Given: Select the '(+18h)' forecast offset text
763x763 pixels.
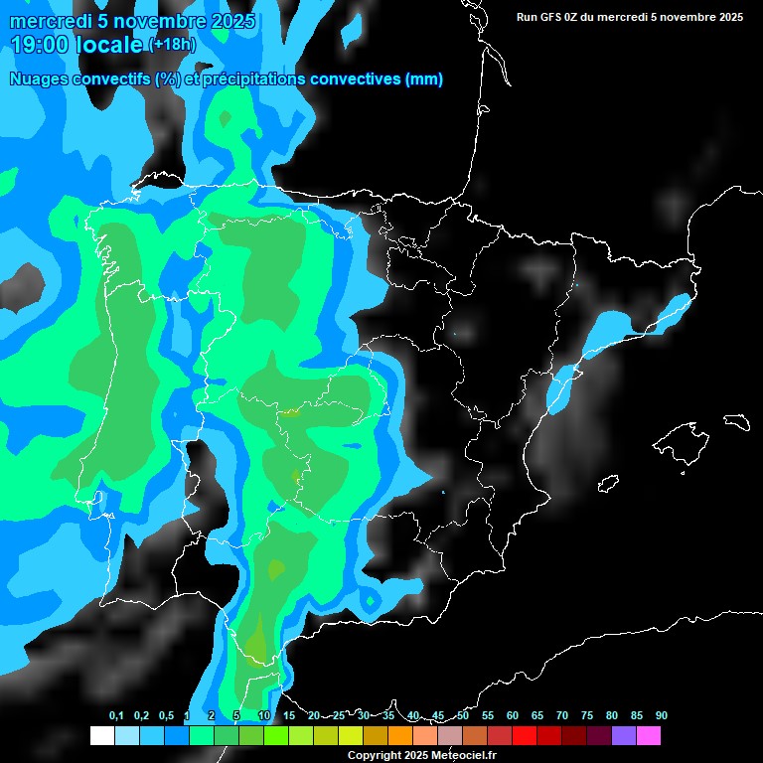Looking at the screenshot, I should [x=172, y=44].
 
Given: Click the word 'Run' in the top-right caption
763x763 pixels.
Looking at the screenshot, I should [x=528, y=17].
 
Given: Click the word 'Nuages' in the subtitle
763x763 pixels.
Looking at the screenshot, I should [x=39, y=79].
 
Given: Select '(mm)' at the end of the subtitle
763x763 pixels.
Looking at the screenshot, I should [x=424, y=79].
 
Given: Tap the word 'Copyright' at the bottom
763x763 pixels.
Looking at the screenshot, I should [x=374, y=756].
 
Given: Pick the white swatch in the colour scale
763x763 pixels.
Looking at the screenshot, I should [x=101, y=736].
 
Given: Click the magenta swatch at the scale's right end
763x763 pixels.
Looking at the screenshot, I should [x=649, y=736].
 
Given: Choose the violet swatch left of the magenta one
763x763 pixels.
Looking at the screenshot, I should [x=624, y=736].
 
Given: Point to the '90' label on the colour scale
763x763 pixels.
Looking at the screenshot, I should [x=661, y=715].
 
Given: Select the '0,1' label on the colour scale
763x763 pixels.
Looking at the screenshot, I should [x=116, y=715].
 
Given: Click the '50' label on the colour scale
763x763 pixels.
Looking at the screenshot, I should [x=463, y=715].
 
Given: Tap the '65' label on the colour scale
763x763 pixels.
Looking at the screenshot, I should [x=537, y=715].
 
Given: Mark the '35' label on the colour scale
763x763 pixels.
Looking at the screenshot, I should [x=388, y=715].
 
